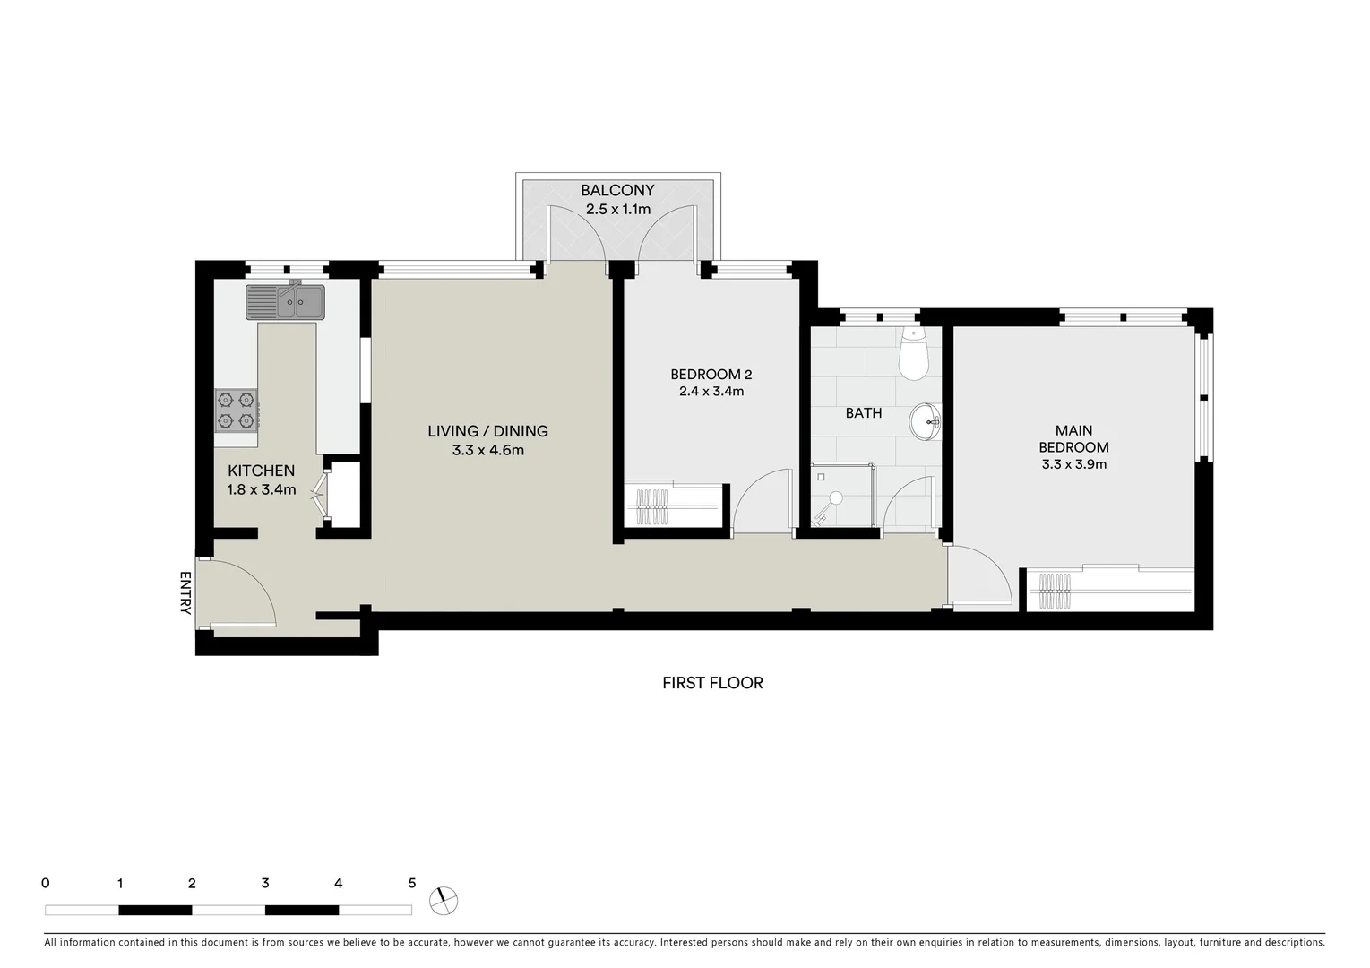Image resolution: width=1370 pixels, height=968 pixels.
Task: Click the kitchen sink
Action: (x=286, y=302)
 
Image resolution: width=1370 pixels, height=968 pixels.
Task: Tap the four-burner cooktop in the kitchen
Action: (x=237, y=409)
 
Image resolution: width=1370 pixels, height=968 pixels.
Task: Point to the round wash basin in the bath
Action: (x=925, y=421)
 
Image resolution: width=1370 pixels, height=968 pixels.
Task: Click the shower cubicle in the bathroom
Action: (x=841, y=496)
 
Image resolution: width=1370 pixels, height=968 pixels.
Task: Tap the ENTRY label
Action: (x=185, y=592)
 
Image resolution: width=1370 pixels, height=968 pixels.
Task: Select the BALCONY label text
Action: (x=617, y=190)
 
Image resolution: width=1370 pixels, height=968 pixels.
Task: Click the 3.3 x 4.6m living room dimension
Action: (x=487, y=450)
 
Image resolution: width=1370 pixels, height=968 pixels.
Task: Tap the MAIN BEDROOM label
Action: (x=1073, y=438)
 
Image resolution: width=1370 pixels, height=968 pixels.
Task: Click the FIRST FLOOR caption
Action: (x=712, y=683)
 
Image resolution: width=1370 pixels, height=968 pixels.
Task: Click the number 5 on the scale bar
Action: (x=412, y=883)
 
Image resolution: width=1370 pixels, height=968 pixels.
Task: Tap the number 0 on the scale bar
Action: (x=46, y=883)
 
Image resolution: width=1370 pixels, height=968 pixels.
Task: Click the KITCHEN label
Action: (x=261, y=471)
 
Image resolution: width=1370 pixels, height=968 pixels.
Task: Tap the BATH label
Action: (x=864, y=413)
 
